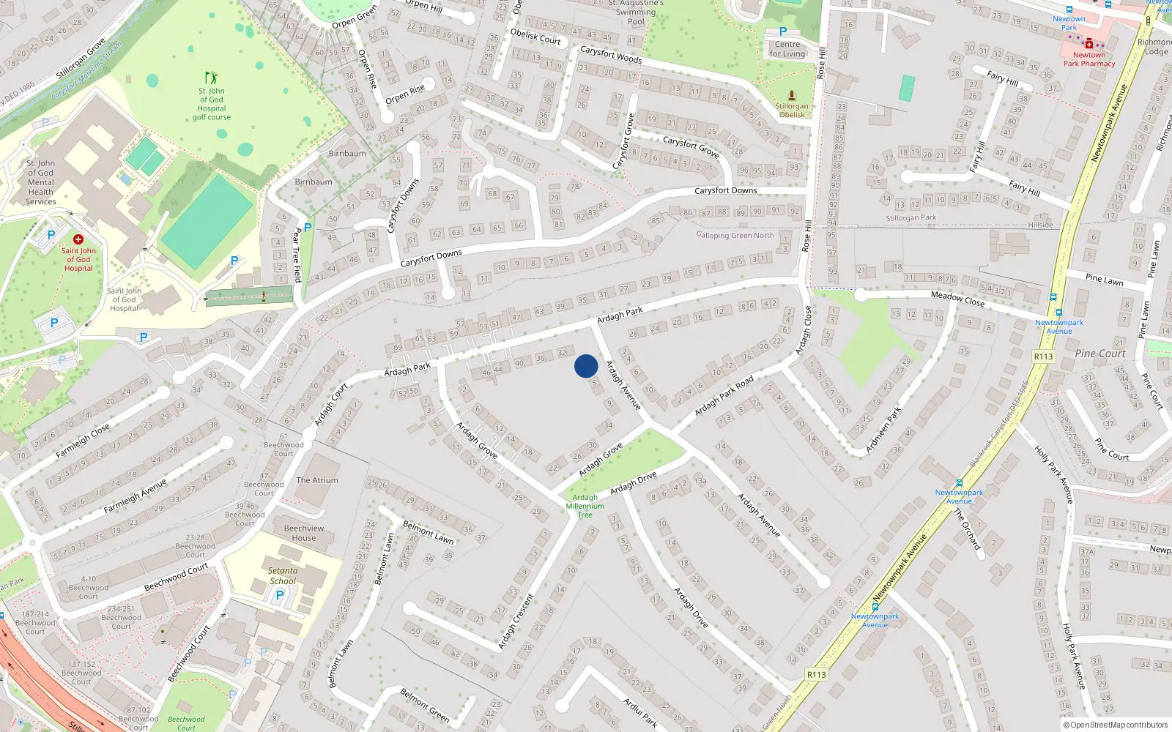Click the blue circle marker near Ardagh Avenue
(x=586, y=366)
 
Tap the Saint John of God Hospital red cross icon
(x=78, y=239)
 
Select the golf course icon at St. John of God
(x=211, y=78)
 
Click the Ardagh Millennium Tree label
(x=585, y=506)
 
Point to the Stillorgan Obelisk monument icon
(x=792, y=95)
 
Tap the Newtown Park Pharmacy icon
(x=1089, y=43)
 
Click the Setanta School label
(x=283, y=576)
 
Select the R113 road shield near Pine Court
(x=1043, y=356)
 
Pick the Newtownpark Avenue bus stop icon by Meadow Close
(x=1053, y=297)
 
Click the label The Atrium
(x=317, y=480)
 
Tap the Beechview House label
(x=304, y=533)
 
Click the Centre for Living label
(x=787, y=49)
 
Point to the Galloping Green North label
(x=735, y=235)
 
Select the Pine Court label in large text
(x=1100, y=354)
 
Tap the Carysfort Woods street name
(x=611, y=55)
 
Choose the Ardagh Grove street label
(x=601, y=459)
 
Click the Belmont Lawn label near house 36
(x=429, y=532)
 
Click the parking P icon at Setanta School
(x=279, y=596)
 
